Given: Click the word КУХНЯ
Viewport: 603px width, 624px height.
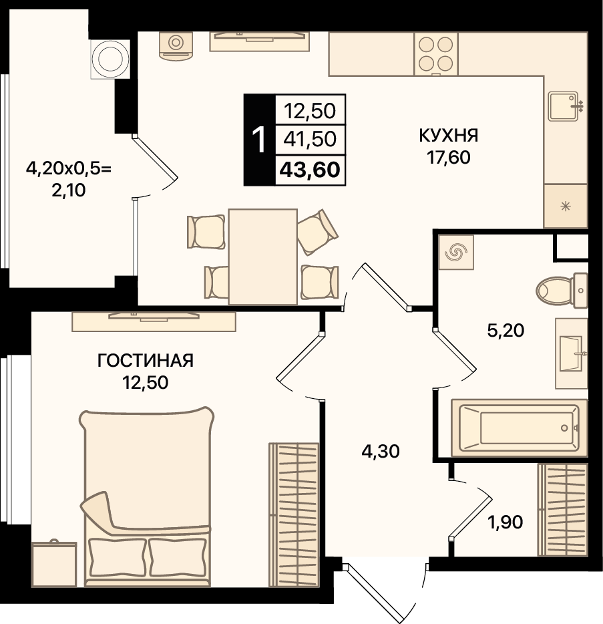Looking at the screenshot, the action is click(x=448, y=136).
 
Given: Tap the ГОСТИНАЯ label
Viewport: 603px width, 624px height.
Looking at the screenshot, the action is click(x=146, y=361).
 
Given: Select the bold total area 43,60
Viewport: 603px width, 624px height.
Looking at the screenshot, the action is click(x=310, y=170).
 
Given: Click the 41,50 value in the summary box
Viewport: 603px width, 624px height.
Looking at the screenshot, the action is click(x=310, y=139).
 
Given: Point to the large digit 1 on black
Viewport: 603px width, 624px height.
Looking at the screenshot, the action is click(x=259, y=140).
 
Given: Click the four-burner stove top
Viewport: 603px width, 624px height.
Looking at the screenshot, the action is click(x=436, y=53).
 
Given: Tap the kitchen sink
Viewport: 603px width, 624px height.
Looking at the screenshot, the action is click(x=565, y=106).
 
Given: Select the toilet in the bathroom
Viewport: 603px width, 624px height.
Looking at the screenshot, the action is click(x=562, y=291).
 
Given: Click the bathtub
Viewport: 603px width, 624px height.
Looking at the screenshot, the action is click(x=520, y=428).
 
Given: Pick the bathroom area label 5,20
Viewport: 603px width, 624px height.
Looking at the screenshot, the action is click(x=506, y=330).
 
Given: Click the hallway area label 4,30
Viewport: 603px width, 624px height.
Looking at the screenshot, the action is click(x=381, y=452).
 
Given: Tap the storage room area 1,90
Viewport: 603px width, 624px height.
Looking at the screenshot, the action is click(x=505, y=522).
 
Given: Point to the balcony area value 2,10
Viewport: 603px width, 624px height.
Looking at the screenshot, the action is click(x=68, y=190).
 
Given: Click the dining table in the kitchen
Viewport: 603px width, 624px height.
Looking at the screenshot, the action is click(x=263, y=257).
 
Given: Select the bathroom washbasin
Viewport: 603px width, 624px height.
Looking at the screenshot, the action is click(x=572, y=353).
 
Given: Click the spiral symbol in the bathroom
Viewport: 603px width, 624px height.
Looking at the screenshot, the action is click(x=456, y=252).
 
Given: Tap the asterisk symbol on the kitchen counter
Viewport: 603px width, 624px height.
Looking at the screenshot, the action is click(x=565, y=206).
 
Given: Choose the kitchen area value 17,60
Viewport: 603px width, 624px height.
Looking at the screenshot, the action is click(x=448, y=158).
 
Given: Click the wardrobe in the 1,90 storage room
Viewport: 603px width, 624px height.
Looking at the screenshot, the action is click(x=562, y=510).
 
